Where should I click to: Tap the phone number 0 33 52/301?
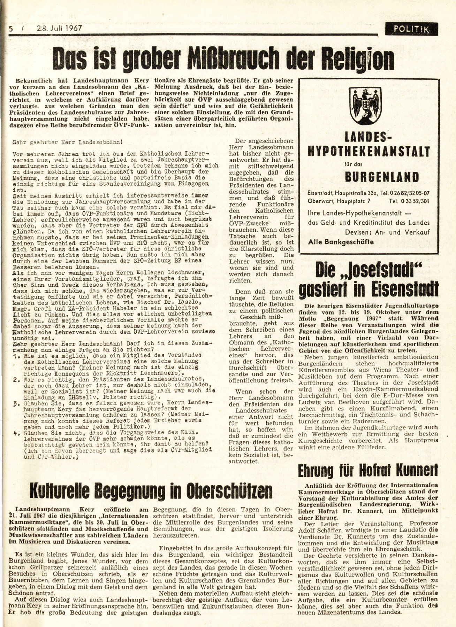point(409,201)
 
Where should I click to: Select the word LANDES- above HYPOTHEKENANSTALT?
point(368,138)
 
